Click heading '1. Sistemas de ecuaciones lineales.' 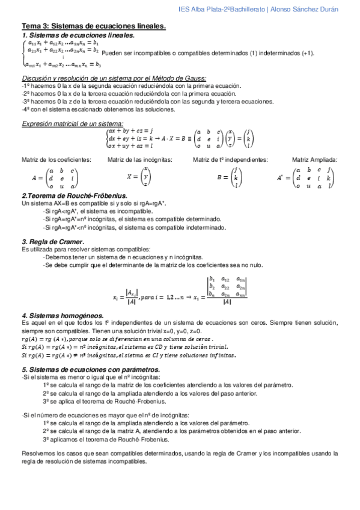(78, 35)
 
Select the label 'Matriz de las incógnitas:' (139, 159)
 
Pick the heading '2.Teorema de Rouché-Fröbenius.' (74, 196)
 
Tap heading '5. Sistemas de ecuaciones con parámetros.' (90, 369)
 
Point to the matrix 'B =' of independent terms (227, 177)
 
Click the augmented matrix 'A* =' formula (304, 177)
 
